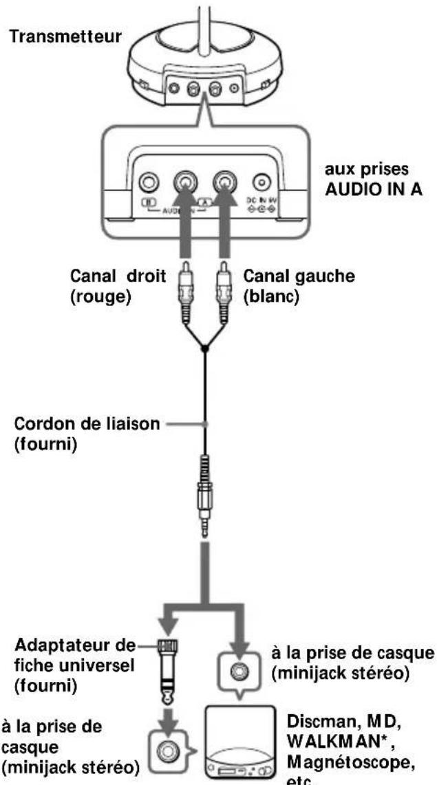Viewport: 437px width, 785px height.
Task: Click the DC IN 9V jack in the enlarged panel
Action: tap(261, 182)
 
